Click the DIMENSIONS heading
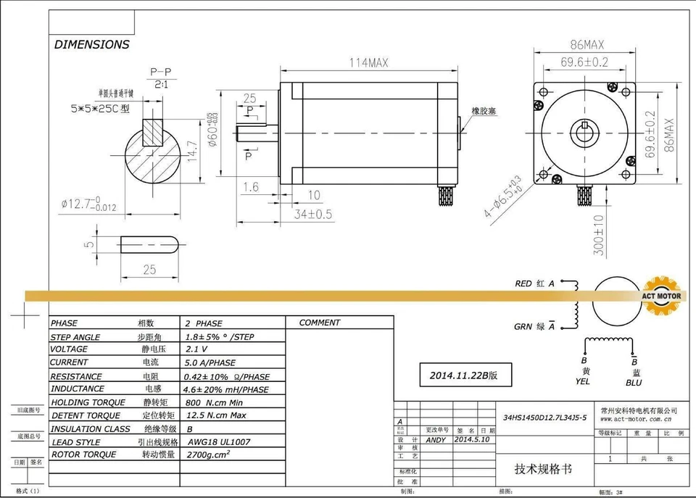pos(91,45)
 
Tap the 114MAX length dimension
pos(368,63)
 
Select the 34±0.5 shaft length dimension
pos(314,214)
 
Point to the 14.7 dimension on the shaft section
pos(193,151)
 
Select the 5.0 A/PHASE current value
pos(211,362)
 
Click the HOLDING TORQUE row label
pos(88,402)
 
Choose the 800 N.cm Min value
pos(214,402)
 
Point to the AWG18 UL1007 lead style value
pos(219,441)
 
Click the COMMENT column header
pos(319,323)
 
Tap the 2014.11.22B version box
pos(464,375)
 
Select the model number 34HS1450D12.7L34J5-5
pos(544,418)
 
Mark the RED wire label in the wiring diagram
pos(523,283)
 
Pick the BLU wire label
pos(634,382)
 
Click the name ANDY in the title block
pos(436,440)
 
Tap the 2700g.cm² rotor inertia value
pos(209,455)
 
